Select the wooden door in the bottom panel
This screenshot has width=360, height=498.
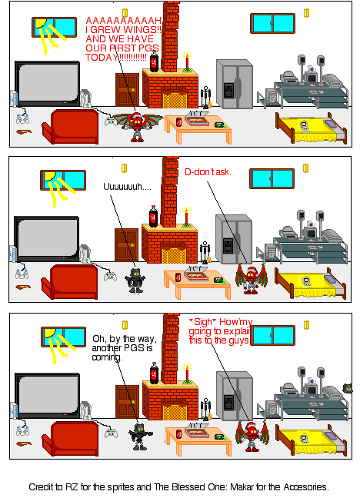[x=126, y=401]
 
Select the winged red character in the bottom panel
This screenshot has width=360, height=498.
[x=249, y=437]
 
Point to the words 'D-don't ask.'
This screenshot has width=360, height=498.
[x=208, y=171]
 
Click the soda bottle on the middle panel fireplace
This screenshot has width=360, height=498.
[x=154, y=217]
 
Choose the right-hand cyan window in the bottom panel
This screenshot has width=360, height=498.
[x=272, y=335]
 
